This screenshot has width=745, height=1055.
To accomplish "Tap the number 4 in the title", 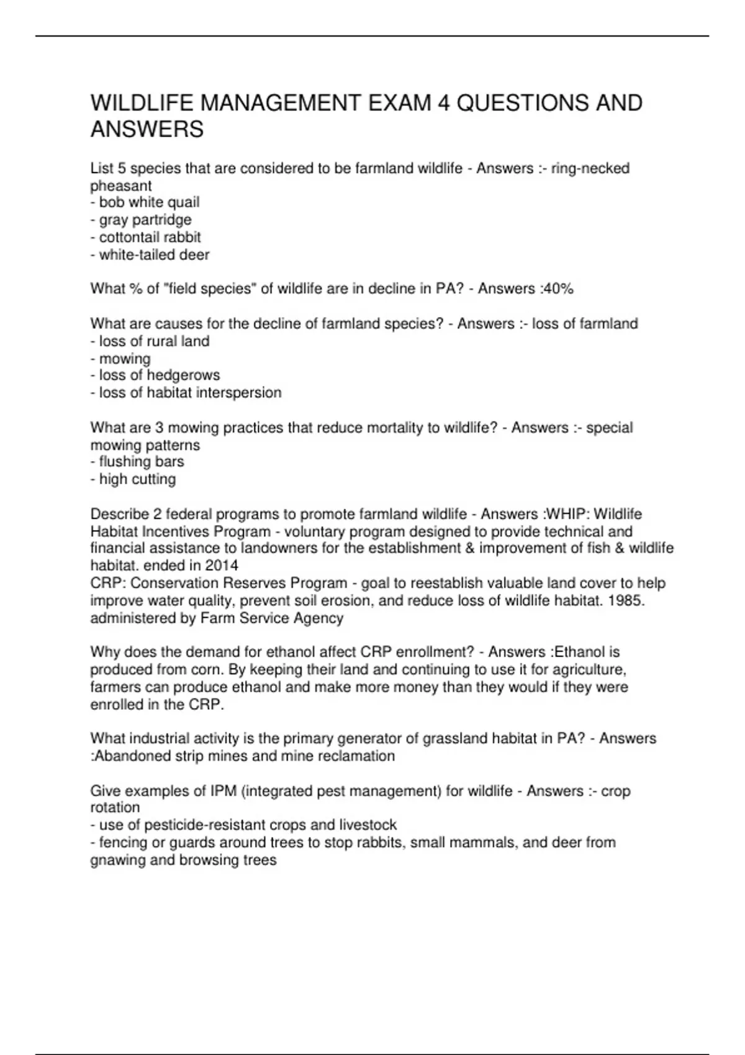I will (x=443, y=102).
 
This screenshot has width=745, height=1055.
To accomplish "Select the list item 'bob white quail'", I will (x=149, y=202).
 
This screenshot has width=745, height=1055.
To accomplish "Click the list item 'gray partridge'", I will (x=145, y=220).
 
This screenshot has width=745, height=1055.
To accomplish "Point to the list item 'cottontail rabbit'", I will (x=150, y=237).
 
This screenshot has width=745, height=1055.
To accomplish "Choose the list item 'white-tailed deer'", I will (x=154, y=254).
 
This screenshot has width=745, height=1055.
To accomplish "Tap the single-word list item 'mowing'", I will (x=125, y=359).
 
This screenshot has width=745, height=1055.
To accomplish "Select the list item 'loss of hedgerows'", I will (x=159, y=375).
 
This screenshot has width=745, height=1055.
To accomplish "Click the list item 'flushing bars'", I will (x=142, y=462).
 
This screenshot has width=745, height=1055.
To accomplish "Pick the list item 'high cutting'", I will (x=137, y=479).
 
